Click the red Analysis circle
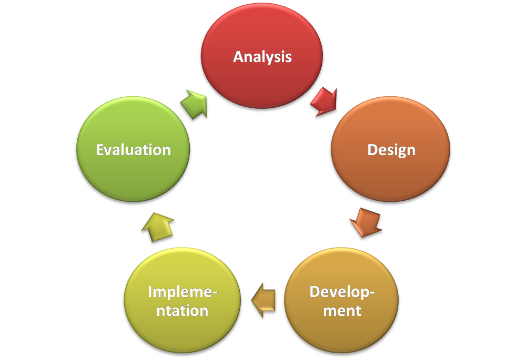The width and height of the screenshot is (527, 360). click(x=262, y=56)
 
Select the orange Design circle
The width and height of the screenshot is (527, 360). click(x=391, y=149)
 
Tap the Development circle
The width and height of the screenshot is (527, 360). click(x=341, y=300)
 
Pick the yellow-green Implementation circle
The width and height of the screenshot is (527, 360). click(x=183, y=300)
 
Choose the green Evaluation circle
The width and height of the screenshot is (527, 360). click(x=133, y=149)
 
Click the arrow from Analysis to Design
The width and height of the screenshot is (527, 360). click(x=324, y=101)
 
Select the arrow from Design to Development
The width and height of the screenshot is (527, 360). click(x=366, y=222)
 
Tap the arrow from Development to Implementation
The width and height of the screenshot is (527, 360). click(x=263, y=300)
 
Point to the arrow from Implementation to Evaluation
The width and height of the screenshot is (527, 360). click(x=158, y=227)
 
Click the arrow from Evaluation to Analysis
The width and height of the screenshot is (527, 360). click(x=194, y=104)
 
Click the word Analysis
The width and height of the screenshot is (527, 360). click(x=262, y=57)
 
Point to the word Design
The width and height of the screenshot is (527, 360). click(x=391, y=150)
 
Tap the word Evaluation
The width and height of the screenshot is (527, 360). click(x=134, y=150)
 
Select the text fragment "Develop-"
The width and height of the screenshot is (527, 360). click(x=342, y=292)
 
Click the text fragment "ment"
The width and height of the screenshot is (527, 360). click(x=342, y=311)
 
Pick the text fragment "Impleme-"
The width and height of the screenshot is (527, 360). click(x=183, y=292)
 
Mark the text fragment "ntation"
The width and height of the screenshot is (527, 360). click(x=183, y=311)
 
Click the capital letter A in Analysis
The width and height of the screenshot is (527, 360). click(x=239, y=57)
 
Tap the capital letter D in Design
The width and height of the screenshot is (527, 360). click(x=372, y=150)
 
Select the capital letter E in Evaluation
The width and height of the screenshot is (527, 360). click(x=100, y=150)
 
